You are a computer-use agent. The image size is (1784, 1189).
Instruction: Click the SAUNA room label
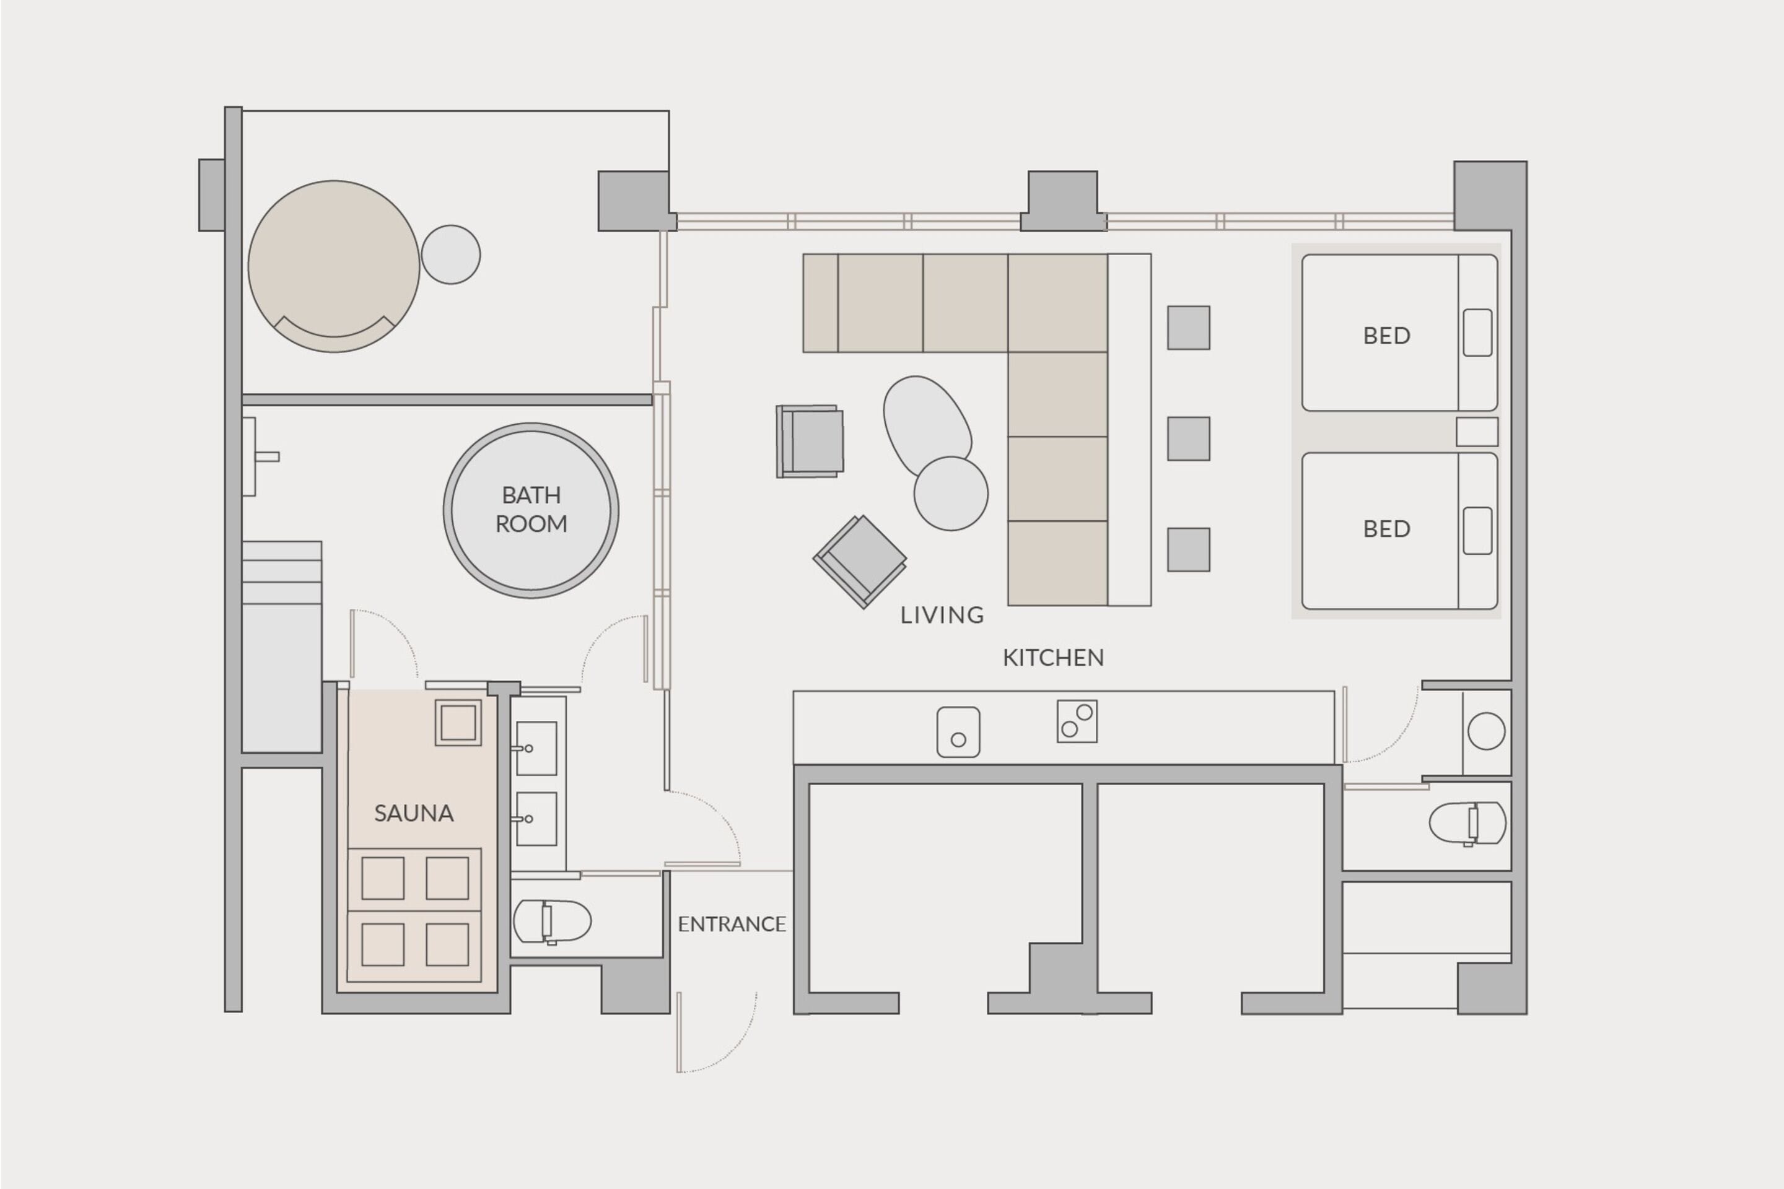pos(413,814)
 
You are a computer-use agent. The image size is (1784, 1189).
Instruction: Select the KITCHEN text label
pos(1053,658)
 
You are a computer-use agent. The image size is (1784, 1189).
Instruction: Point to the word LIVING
pos(942,615)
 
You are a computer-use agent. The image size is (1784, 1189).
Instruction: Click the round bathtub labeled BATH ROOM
pos(531,510)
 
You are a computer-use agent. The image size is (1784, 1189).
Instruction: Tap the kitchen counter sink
pos(958,732)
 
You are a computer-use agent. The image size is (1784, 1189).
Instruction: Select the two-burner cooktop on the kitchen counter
pos(1077,721)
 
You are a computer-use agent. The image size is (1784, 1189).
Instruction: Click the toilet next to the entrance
pos(551,922)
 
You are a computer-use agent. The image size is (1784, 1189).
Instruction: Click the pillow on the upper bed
pos(1477,332)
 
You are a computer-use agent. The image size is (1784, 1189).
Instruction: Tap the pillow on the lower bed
pos(1477,531)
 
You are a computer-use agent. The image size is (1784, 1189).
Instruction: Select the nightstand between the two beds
pos(1476,432)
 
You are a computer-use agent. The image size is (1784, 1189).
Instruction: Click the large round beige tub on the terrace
pos(334,266)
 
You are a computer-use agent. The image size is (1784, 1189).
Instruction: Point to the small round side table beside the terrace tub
pos(450,255)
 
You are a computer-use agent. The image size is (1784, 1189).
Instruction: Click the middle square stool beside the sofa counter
pos(1188,438)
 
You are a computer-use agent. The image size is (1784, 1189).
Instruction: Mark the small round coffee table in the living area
pos(950,493)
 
